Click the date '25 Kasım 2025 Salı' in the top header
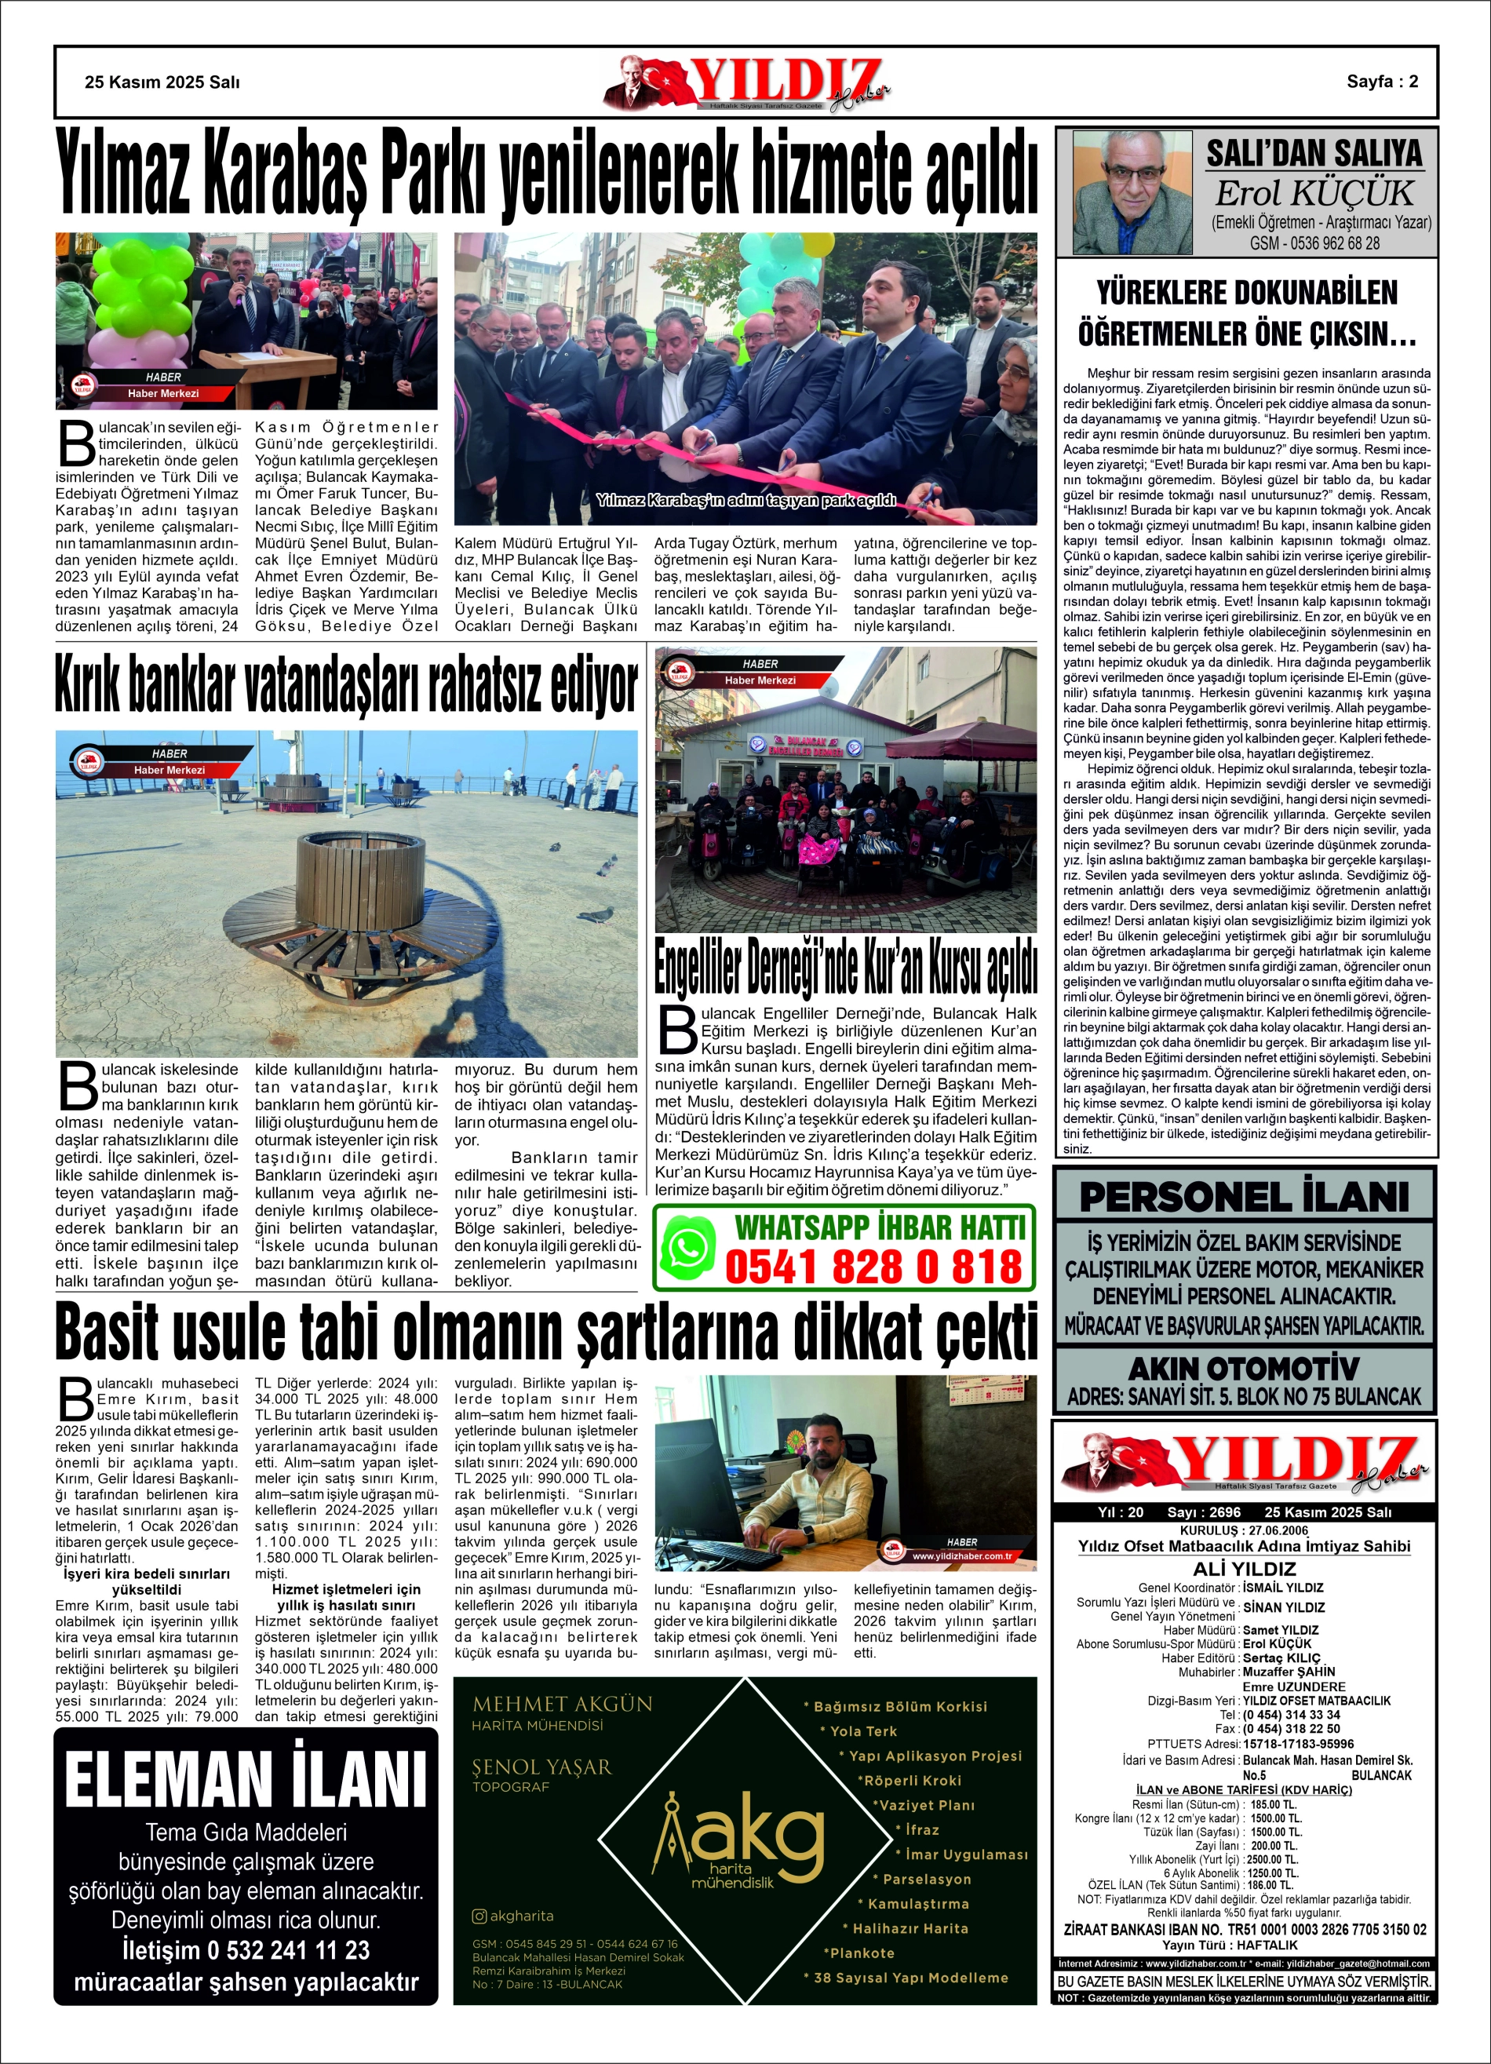tap(162, 82)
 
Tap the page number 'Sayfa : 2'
tap(1382, 82)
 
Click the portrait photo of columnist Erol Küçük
tap(1132, 191)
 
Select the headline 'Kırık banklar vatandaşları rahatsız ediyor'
tap(346, 687)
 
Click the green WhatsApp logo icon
tap(688, 1248)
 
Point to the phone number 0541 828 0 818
tap(874, 1267)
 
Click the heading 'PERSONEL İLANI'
tap(1243, 1197)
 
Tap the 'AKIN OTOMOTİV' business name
tap(1243, 1368)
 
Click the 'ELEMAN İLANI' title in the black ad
tap(246, 1780)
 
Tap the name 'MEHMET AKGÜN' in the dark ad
tap(563, 1704)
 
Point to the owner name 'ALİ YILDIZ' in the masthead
tap(1243, 1569)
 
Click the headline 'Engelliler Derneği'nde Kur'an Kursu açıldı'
tap(846, 968)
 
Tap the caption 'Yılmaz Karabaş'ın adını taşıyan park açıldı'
tap(745, 501)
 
